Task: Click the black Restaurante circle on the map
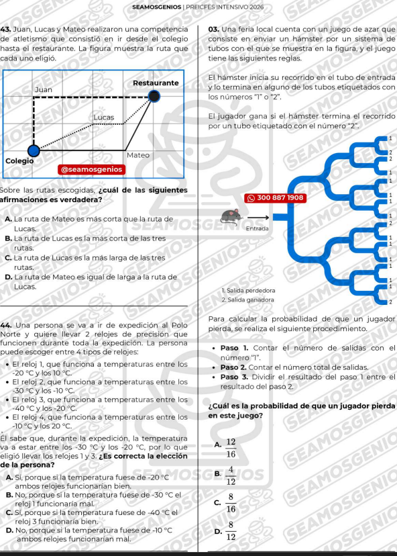pos(154,96)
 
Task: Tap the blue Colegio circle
pos(34,150)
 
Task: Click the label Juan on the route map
pos(43,90)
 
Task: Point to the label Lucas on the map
pos(104,117)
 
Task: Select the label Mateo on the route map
pos(138,155)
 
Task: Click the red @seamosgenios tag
pos(92,169)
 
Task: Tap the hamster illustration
pos(231,217)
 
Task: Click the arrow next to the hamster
pos(258,217)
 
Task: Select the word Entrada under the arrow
pos(257,229)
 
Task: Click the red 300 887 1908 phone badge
pos(275,198)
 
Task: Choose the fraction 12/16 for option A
pos(231,448)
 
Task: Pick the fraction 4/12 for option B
pos(231,475)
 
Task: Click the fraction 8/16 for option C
pos(231,503)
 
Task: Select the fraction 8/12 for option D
pos(231,531)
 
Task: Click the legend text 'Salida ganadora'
pos(251,300)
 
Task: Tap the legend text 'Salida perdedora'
pos(251,291)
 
